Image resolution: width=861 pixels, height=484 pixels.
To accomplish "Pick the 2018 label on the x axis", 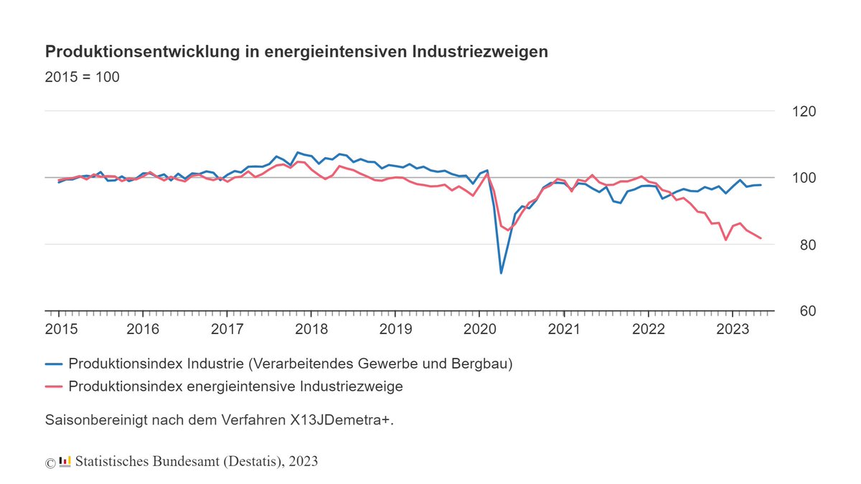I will [x=311, y=330].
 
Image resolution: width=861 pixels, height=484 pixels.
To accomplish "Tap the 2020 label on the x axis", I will [x=480, y=330].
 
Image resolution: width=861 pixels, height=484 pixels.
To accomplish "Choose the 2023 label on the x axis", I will [x=733, y=330].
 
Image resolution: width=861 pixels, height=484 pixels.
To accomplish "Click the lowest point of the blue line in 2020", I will [x=501, y=273].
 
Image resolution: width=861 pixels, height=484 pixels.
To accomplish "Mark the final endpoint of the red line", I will [x=761, y=238].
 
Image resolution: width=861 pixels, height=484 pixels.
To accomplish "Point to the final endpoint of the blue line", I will [x=761, y=185].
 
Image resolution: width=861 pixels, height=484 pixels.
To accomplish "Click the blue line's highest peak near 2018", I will [x=298, y=152].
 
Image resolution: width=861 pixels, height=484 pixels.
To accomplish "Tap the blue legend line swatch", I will [x=55, y=364].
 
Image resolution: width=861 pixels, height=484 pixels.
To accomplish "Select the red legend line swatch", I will [x=55, y=386].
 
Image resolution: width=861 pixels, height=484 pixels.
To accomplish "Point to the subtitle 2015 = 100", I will [x=82, y=77].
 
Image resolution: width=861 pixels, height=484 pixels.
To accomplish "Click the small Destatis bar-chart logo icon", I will [x=65, y=461].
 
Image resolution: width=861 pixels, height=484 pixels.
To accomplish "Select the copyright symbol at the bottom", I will [x=50, y=462].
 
